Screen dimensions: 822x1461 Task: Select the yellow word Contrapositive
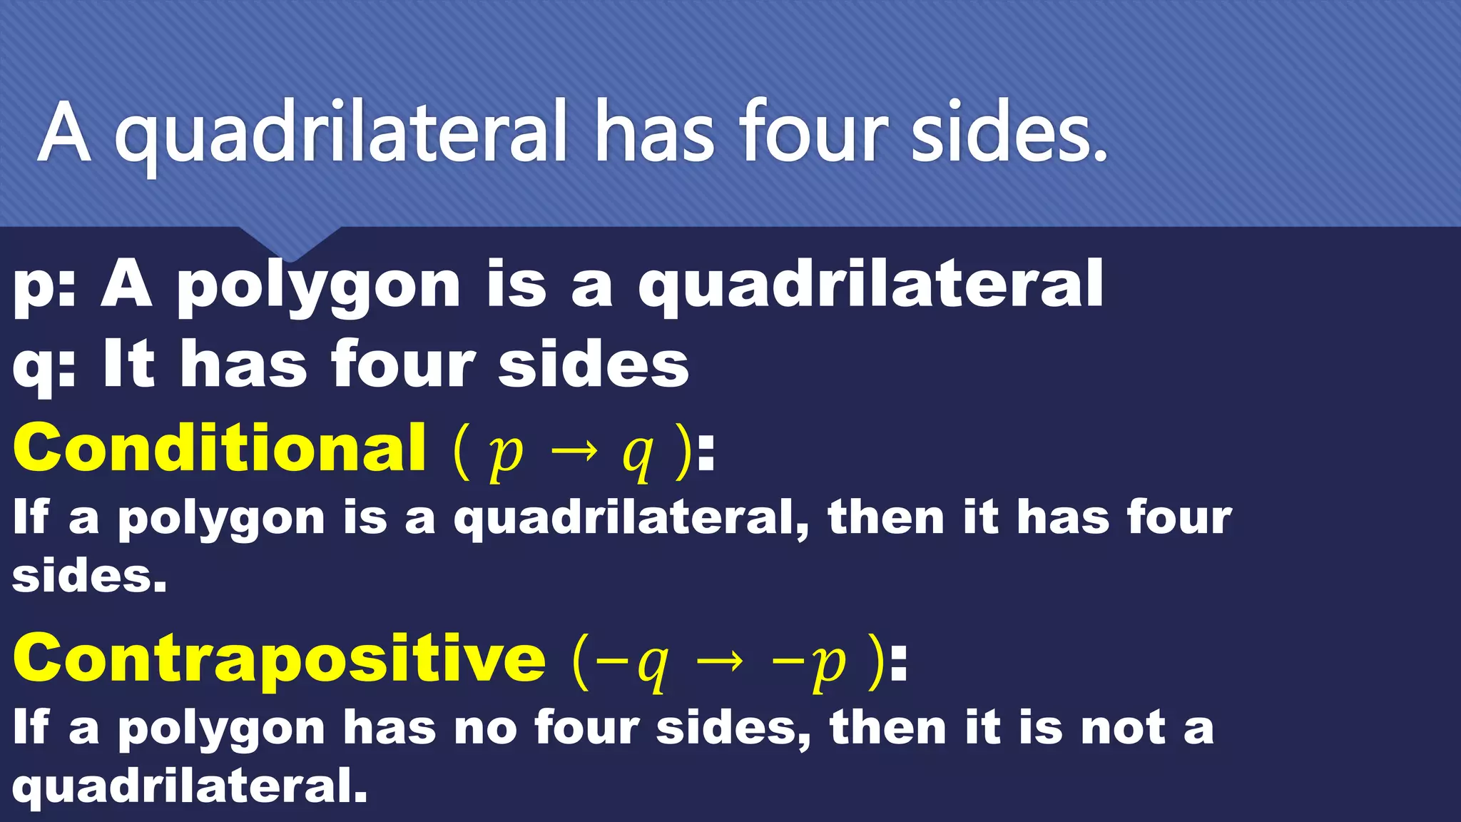280,658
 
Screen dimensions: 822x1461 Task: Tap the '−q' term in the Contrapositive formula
632,664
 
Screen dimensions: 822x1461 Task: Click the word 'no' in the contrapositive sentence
485,728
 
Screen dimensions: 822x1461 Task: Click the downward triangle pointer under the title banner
290,243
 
